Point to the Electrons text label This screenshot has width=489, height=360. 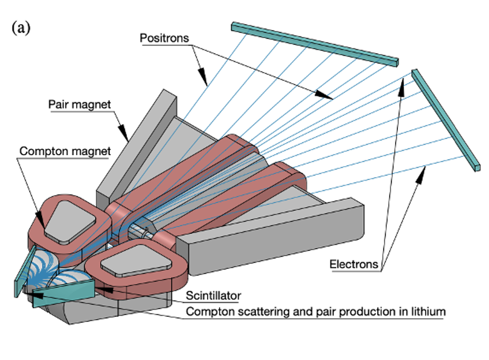(354, 265)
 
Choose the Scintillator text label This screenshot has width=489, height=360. (213, 296)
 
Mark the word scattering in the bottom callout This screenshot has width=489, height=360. (253, 312)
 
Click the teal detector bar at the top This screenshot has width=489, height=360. (315, 42)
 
